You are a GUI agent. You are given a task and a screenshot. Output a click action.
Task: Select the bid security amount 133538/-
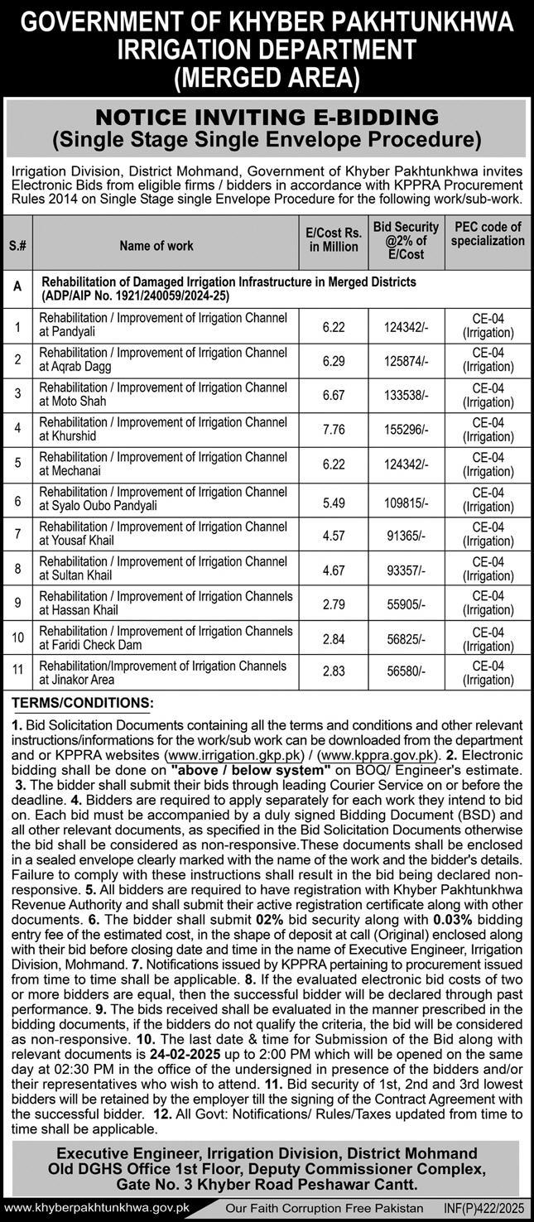point(407,396)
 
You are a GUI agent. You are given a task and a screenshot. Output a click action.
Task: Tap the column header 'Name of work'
point(156,246)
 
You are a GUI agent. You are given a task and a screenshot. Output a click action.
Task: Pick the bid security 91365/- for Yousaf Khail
point(407,535)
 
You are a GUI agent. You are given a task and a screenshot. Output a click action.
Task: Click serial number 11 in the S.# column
point(17,673)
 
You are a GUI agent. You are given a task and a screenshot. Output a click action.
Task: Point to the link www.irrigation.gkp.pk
point(222,756)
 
